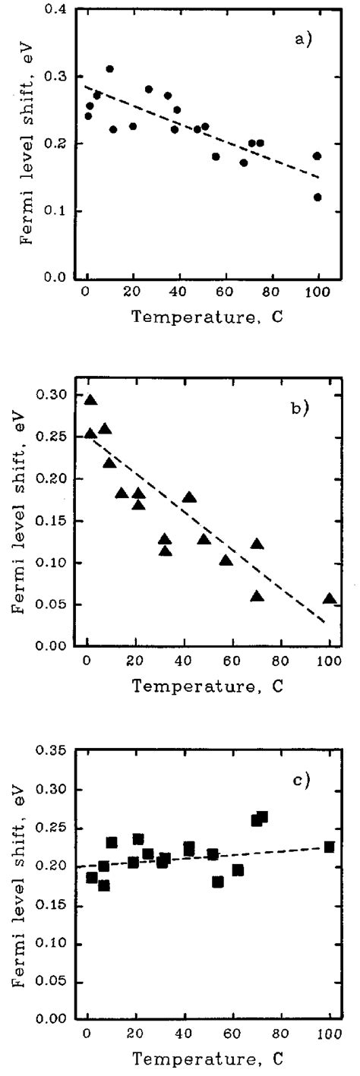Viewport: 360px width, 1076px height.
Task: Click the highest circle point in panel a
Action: [109, 69]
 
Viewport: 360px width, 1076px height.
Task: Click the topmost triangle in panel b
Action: [90, 400]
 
